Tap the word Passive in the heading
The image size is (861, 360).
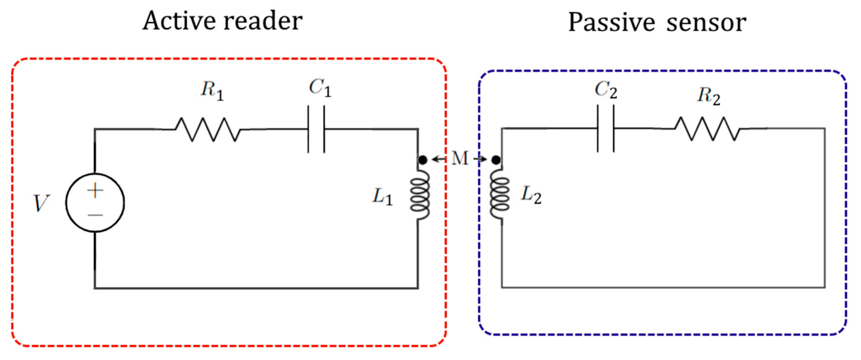[611, 23]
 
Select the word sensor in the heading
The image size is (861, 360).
[706, 23]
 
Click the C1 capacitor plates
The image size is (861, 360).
[316, 129]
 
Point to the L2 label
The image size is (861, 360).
[531, 195]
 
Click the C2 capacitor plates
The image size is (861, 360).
[606, 129]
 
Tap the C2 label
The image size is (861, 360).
[606, 90]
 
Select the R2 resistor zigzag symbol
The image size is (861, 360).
[707, 129]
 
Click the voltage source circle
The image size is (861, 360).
[95, 203]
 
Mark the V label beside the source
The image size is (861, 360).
[41, 203]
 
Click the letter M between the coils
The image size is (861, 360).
[460, 158]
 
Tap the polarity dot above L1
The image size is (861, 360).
[423, 160]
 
